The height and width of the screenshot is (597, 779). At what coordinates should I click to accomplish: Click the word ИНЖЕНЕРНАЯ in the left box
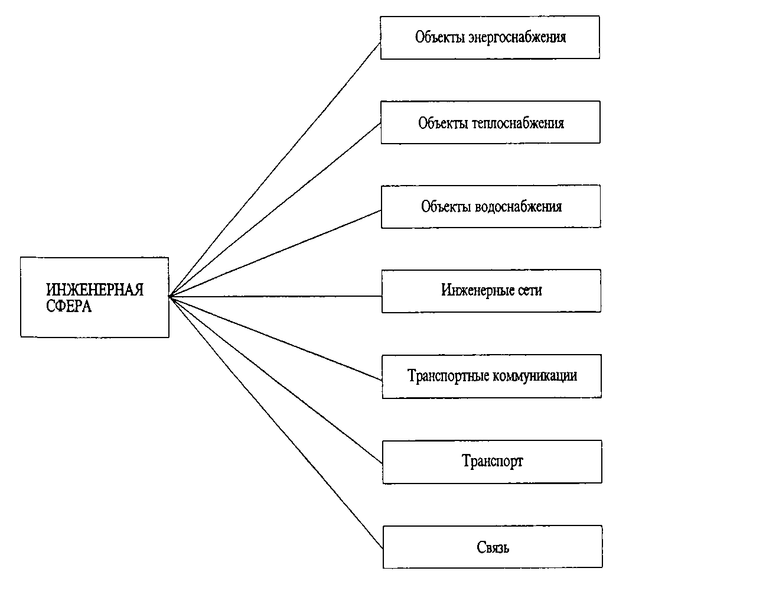pos(94,290)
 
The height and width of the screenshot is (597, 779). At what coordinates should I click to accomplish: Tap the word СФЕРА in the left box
pos(69,306)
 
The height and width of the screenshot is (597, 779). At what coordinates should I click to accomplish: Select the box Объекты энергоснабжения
pos(490,37)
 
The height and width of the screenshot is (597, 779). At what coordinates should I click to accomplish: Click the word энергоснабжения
pos(517,37)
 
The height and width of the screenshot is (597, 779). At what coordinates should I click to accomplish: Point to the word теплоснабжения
pos(518,123)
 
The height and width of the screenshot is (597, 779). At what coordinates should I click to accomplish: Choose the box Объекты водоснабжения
pos(491,207)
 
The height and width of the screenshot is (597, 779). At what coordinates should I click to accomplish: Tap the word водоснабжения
pos(519,207)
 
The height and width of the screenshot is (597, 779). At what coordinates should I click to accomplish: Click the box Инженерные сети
pos(491,291)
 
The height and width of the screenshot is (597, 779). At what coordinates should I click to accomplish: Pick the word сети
pos(530,290)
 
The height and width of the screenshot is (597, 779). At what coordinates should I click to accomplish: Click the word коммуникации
pos(535,376)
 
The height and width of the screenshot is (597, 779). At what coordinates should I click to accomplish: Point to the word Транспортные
pos(448,376)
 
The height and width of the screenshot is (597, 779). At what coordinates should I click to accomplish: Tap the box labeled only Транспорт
pos(492,462)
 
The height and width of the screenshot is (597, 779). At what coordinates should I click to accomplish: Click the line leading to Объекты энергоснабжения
pos(274,170)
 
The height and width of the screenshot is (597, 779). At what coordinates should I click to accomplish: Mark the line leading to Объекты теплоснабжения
pos(275,210)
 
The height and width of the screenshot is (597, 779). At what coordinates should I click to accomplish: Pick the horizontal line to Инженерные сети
pos(275,296)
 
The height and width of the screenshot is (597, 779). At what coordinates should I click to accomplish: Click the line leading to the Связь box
pos(276,422)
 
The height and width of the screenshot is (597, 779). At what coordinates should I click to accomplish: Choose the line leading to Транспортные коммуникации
pos(275,338)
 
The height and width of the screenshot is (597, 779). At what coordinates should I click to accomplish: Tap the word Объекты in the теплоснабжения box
pos(443,123)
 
